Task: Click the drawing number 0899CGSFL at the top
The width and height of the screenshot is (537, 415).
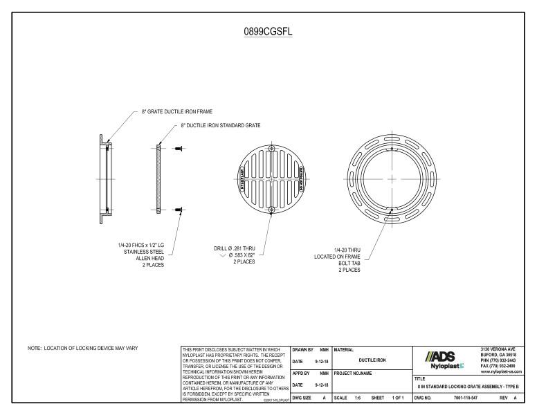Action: tap(268, 33)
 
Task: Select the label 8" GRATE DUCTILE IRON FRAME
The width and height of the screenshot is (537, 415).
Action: tap(177, 111)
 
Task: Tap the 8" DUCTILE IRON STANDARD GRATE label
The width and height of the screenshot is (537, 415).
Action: tap(215, 126)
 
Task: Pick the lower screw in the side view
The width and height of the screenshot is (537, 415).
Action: tap(179, 209)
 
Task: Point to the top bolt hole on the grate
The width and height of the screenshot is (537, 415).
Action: tap(271, 149)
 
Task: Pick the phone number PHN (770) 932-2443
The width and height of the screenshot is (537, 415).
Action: tap(504, 360)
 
